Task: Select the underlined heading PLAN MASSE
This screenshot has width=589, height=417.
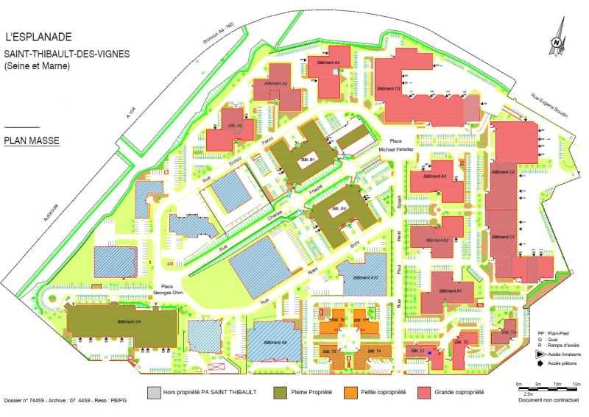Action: click(x=32, y=139)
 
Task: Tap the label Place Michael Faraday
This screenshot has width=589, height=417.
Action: click(x=397, y=145)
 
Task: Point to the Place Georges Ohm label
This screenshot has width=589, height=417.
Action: click(x=167, y=289)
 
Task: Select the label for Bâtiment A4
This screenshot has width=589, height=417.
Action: click(x=328, y=63)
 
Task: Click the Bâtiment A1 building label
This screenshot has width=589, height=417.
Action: click(x=450, y=291)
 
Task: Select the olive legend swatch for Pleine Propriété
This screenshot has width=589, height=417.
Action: click(x=280, y=393)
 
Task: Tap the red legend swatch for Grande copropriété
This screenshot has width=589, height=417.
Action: click(x=424, y=393)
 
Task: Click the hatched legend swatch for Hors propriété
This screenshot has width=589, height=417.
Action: click(x=154, y=393)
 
